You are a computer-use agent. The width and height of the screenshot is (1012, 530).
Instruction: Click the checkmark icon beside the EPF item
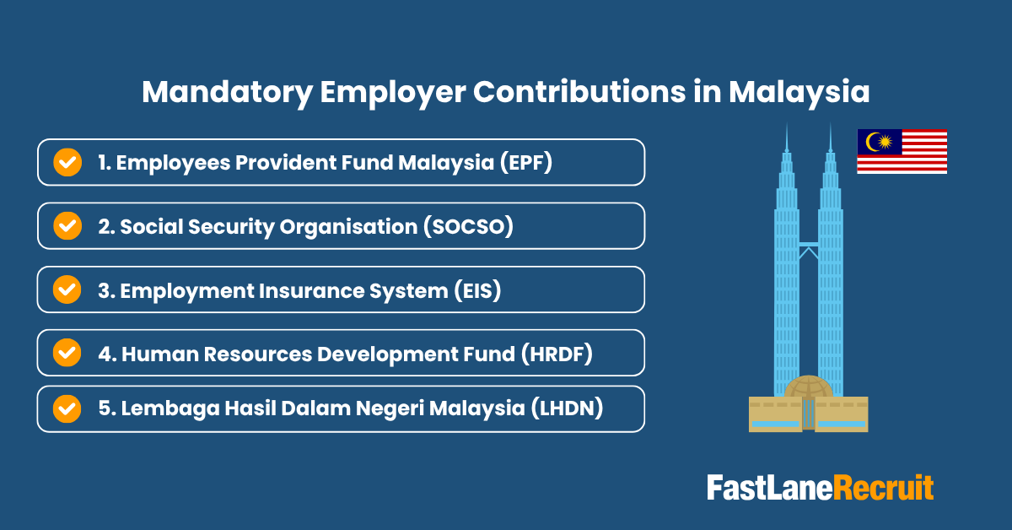click(x=67, y=162)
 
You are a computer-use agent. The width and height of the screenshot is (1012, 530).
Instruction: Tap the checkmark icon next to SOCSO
click(x=67, y=226)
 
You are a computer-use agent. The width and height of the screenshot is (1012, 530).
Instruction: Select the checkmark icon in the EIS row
click(x=67, y=289)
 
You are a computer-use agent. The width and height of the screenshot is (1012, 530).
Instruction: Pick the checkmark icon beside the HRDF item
click(x=67, y=353)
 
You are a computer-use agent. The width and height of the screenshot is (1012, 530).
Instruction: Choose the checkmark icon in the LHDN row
click(x=67, y=408)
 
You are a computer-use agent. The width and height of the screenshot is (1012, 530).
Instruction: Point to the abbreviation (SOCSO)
click(x=470, y=226)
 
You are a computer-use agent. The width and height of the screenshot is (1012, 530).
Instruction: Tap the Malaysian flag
click(x=902, y=152)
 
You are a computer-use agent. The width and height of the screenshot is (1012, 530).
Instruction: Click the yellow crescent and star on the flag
click(x=879, y=142)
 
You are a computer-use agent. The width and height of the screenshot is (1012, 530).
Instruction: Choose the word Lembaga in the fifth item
click(x=161, y=409)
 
